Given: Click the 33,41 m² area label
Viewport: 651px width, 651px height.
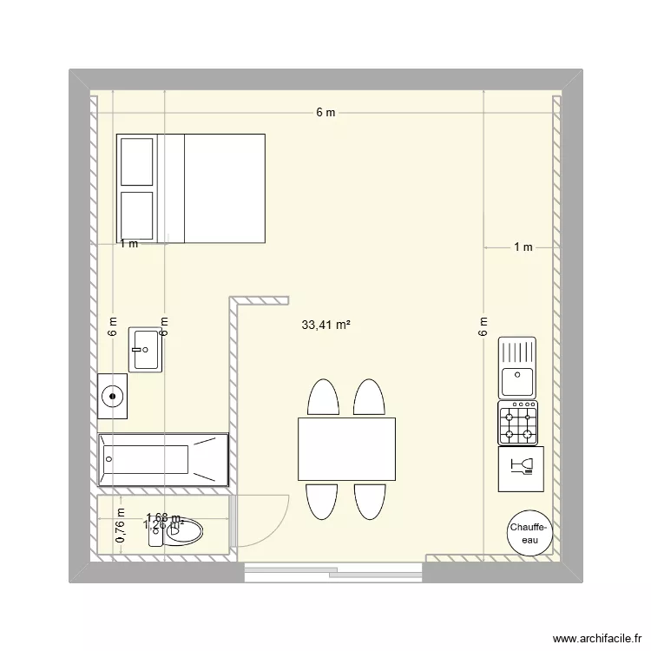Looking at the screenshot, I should click(x=325, y=326).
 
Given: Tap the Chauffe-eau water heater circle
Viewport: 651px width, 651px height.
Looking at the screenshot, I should click(x=528, y=534).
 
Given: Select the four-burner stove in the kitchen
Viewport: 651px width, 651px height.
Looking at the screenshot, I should click(x=518, y=423).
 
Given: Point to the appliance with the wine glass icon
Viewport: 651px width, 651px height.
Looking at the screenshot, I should click(x=521, y=470).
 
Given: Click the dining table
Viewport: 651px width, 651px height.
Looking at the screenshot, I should click(x=346, y=450).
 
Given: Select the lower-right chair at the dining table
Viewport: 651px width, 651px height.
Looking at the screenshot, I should click(x=369, y=501).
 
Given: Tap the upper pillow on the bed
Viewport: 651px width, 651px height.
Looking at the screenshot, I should click(x=137, y=161).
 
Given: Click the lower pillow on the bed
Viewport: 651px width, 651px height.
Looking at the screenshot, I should click(x=137, y=214).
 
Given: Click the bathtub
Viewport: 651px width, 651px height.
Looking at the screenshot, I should click(x=163, y=460).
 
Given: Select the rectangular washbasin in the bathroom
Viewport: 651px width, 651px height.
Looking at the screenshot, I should click(x=146, y=350).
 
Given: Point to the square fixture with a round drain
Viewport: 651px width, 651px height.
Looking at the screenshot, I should click(x=113, y=396).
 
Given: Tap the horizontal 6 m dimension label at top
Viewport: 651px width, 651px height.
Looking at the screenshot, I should click(x=325, y=113).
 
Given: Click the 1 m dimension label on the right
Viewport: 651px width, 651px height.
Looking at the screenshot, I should click(x=523, y=247).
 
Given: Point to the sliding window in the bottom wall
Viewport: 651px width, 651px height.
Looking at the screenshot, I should click(x=333, y=570).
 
